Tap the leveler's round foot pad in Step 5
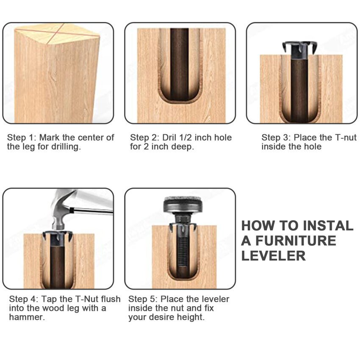coord(183,204)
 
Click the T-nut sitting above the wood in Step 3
coord(299,50)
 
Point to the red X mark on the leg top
coord(58,33)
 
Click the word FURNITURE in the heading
coord(296,241)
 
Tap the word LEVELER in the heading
coord(274,256)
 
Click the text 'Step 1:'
coord(22,138)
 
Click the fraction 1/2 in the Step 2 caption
coord(186,137)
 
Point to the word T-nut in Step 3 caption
coord(346,137)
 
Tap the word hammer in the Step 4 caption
coord(27,317)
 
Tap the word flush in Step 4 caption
coord(111,299)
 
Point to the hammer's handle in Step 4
coord(92,210)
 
